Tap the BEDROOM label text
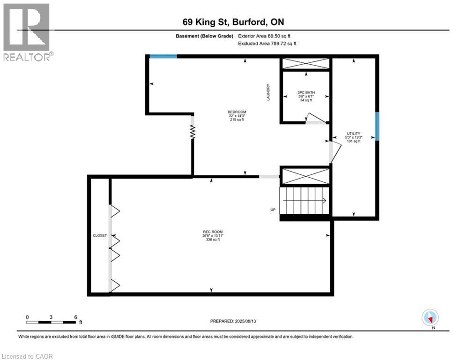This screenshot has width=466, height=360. (237, 112)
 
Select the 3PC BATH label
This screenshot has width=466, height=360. (305, 92)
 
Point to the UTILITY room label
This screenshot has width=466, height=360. (354, 134)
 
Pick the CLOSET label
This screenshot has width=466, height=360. (100, 235)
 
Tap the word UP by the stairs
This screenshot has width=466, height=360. (273, 210)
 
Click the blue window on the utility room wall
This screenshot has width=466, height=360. (377, 126)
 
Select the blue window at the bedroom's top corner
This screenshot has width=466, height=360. (163, 56)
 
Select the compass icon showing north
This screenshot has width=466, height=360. (430, 317)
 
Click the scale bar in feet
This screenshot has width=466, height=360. (52, 322)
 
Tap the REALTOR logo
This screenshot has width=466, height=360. (27, 32)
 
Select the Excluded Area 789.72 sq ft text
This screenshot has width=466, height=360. (267, 43)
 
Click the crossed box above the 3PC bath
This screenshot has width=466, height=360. (305, 64)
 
